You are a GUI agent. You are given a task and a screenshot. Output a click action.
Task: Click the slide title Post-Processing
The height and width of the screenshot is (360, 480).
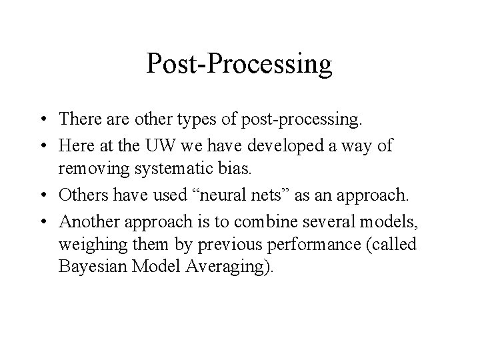(x=239, y=64)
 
